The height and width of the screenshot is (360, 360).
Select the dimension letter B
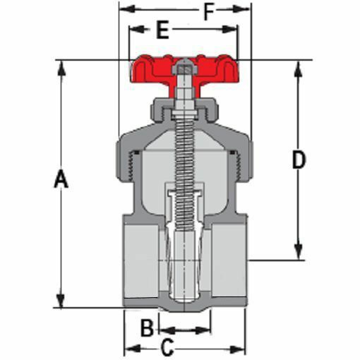coord(146,328)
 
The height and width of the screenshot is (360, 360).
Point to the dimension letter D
coord(299,161)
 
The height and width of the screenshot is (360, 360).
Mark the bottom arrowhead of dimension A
coord(61,301)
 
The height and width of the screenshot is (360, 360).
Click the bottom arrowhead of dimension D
coord(299,253)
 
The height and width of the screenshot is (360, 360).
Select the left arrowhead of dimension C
coord(129,348)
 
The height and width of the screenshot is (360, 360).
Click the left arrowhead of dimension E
coord(132,30)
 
